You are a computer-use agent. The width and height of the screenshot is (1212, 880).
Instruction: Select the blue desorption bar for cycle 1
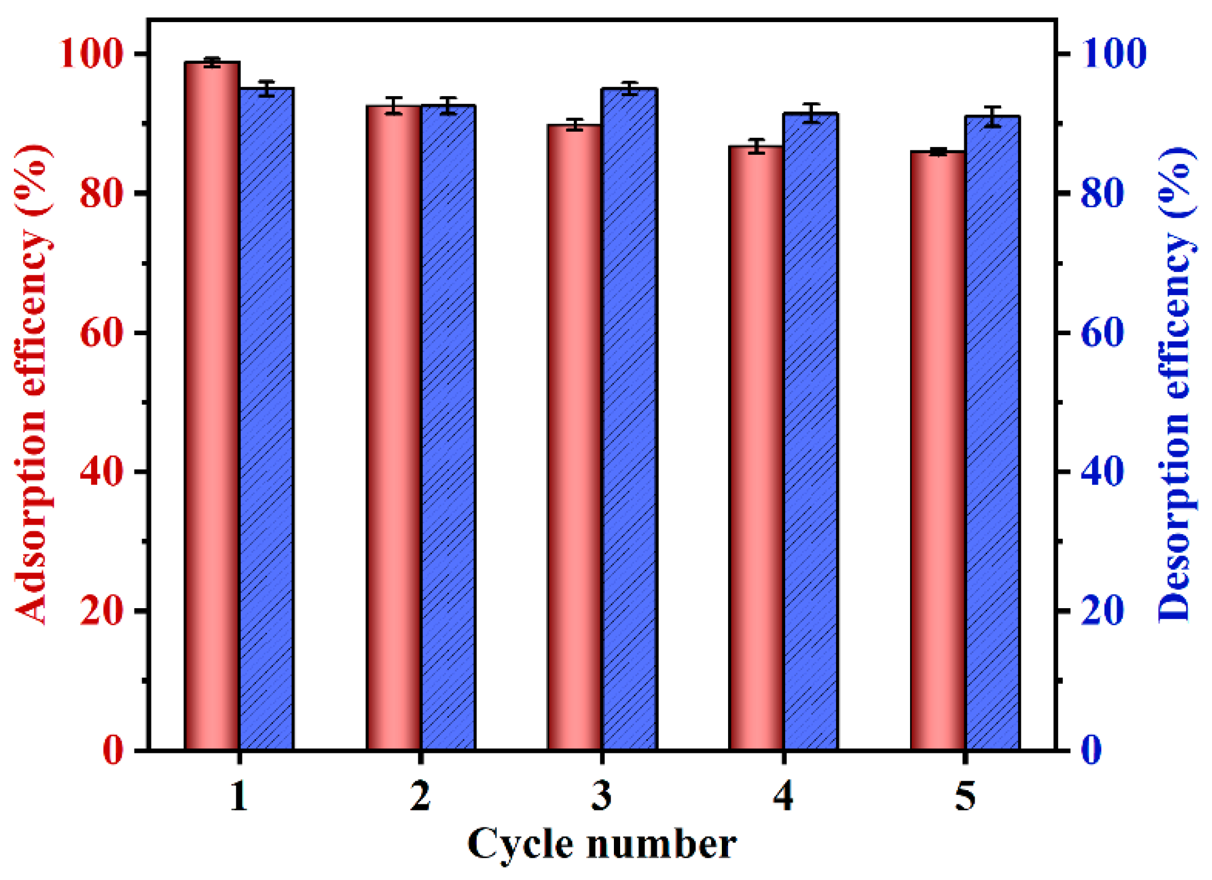266,418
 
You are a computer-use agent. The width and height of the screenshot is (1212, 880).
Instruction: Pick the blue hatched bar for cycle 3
629,418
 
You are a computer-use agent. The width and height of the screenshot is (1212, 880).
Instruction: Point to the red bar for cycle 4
756,447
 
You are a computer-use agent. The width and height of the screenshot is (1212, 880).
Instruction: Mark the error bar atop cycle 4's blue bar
811,112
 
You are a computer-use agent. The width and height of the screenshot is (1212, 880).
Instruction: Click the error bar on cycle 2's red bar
393,105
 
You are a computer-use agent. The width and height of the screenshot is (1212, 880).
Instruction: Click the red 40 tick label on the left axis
101,472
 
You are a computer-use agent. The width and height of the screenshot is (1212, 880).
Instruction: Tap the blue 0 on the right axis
1091,750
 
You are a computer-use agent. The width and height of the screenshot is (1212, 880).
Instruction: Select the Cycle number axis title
601,844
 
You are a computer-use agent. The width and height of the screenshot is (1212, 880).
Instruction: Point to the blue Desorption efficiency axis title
1176,384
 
